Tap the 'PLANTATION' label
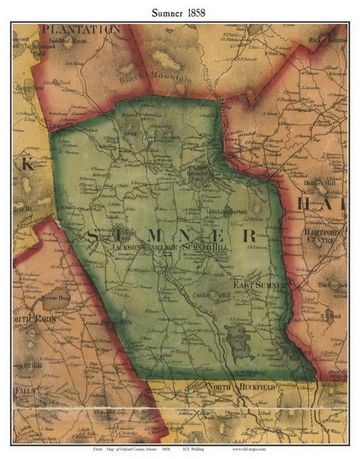coord(80,29)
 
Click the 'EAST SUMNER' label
coord(260,285)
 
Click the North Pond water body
coord(239,341)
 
